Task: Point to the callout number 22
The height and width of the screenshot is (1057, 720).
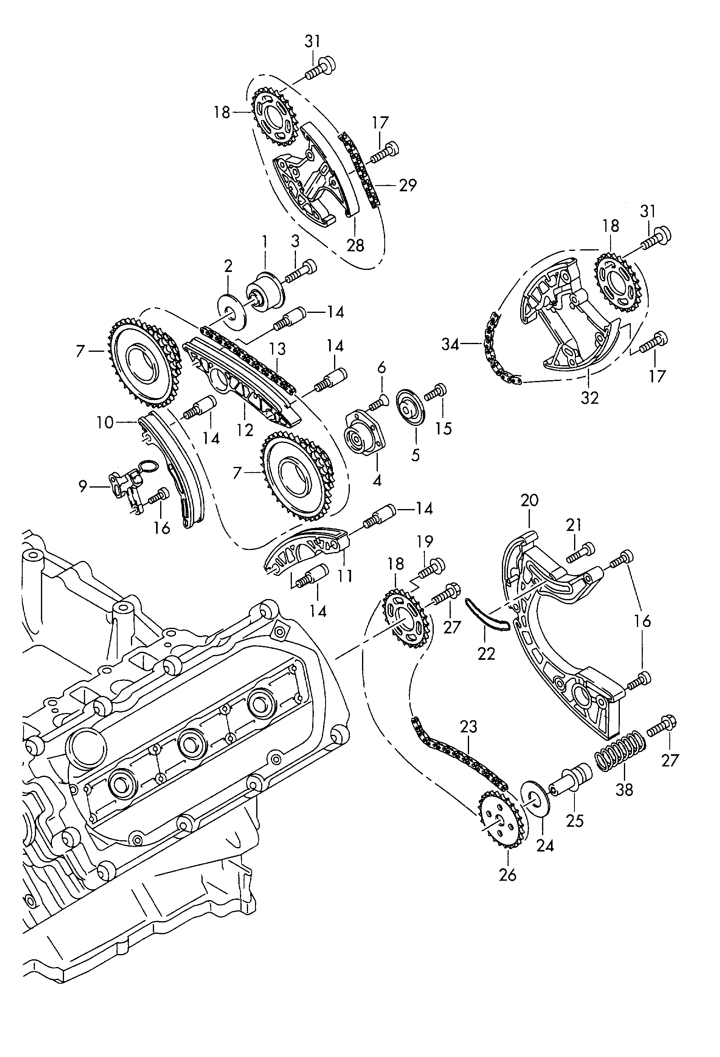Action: (x=486, y=654)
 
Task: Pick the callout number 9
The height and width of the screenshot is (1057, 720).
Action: (x=82, y=486)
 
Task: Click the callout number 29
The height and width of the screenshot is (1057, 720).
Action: (x=407, y=185)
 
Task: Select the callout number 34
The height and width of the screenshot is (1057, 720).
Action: (x=450, y=344)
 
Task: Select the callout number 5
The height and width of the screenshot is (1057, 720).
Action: (x=415, y=455)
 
